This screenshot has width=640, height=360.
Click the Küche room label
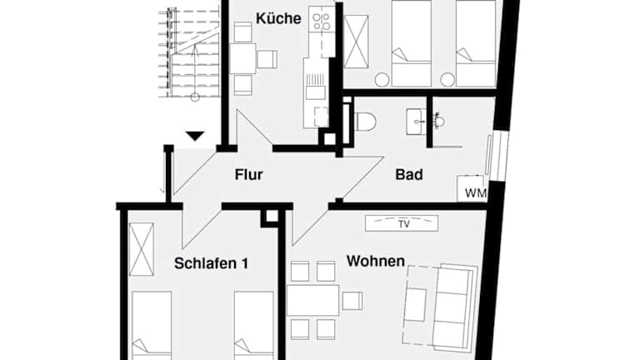278,18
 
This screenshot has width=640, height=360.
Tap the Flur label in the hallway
248,175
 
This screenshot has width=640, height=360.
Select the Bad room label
409,175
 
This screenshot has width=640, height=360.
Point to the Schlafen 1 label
211,263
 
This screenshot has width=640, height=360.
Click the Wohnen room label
376,261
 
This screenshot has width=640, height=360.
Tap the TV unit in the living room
402,223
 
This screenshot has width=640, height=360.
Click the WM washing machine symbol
472,188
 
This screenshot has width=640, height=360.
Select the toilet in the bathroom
364,122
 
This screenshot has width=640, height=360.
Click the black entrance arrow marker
195,136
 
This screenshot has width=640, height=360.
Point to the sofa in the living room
455,307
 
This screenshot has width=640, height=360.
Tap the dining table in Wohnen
313,300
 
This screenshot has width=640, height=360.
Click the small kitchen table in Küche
242,58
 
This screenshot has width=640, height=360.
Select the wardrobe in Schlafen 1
141,249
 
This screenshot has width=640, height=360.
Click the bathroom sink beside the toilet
416,122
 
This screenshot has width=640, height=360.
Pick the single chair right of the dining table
352,301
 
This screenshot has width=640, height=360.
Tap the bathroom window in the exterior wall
497,156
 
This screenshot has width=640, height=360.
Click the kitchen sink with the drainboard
316,86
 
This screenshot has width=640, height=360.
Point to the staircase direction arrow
195,72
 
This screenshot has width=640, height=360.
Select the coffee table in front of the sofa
416,304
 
